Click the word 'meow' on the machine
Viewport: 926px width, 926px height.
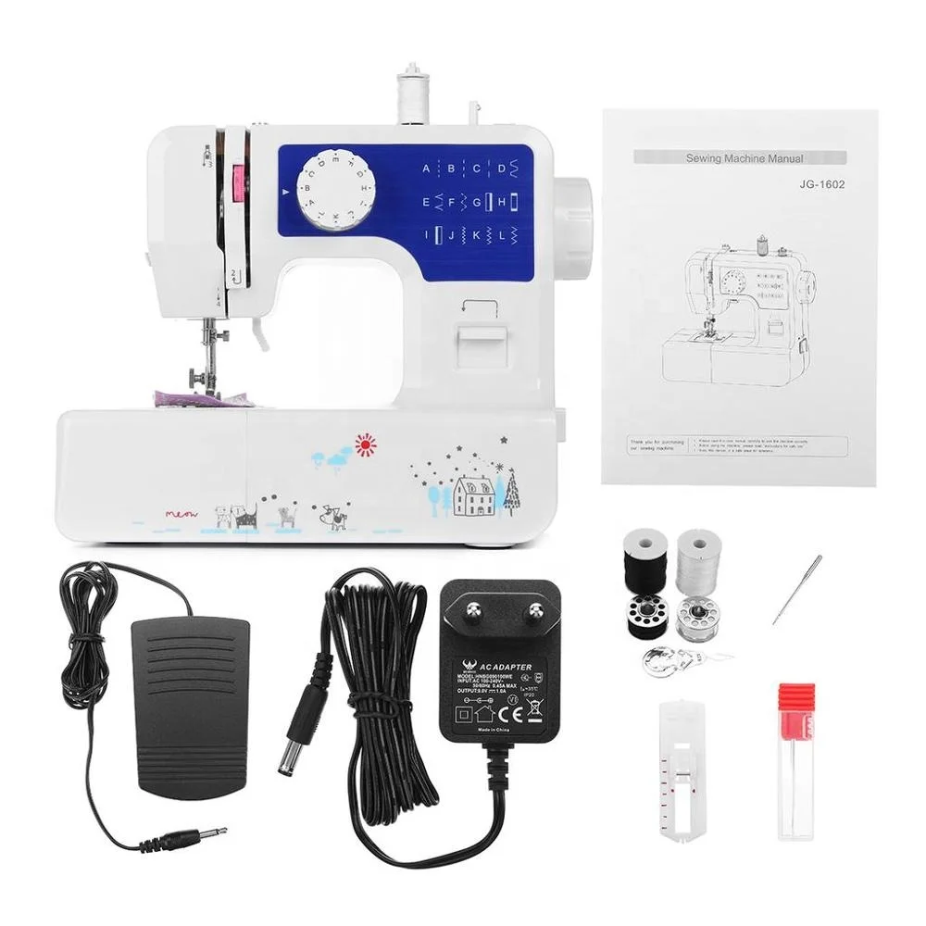[182, 512]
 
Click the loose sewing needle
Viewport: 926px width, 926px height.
[797, 589]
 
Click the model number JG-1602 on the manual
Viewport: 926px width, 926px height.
[822, 183]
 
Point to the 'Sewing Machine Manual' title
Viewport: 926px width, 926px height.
[745, 158]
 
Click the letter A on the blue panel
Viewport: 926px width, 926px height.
[427, 169]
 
